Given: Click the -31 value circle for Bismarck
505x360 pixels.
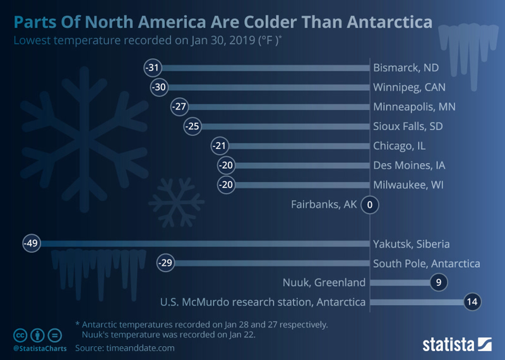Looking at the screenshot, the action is pos(153,68).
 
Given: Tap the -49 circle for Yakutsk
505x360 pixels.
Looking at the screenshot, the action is pos(32,243).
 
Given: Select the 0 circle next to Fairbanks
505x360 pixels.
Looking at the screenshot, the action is pos(370,205).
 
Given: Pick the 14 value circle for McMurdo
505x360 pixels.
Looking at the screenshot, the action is pos(472,302).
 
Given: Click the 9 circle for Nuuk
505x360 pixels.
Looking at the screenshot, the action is pos(439,282).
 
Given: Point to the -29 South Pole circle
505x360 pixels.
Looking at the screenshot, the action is pos(165,263).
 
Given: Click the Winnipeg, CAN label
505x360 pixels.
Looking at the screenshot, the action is pos(409,87).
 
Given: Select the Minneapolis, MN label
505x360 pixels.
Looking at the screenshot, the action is pos(415,107).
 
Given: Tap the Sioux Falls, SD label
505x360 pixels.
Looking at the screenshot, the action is pos(408,126).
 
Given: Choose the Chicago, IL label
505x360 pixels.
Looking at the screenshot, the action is pos(400,146).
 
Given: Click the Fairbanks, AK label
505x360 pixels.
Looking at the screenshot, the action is pos(324,205).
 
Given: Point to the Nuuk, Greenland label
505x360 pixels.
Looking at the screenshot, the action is pos(324,282).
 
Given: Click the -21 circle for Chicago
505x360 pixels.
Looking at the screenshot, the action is pos(220,146).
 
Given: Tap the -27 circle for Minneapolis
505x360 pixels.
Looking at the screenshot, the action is pos(179,107).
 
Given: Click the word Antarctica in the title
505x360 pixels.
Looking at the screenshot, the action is pos(389,22).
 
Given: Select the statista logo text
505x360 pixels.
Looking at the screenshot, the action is pos(448,345).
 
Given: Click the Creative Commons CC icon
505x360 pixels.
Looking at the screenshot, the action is pos(20,335).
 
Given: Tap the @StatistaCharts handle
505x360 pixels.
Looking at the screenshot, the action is pos(40,349).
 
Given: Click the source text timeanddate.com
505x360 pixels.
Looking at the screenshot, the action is pos(140,348).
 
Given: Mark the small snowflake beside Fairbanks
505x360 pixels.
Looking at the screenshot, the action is pos(176,202).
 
